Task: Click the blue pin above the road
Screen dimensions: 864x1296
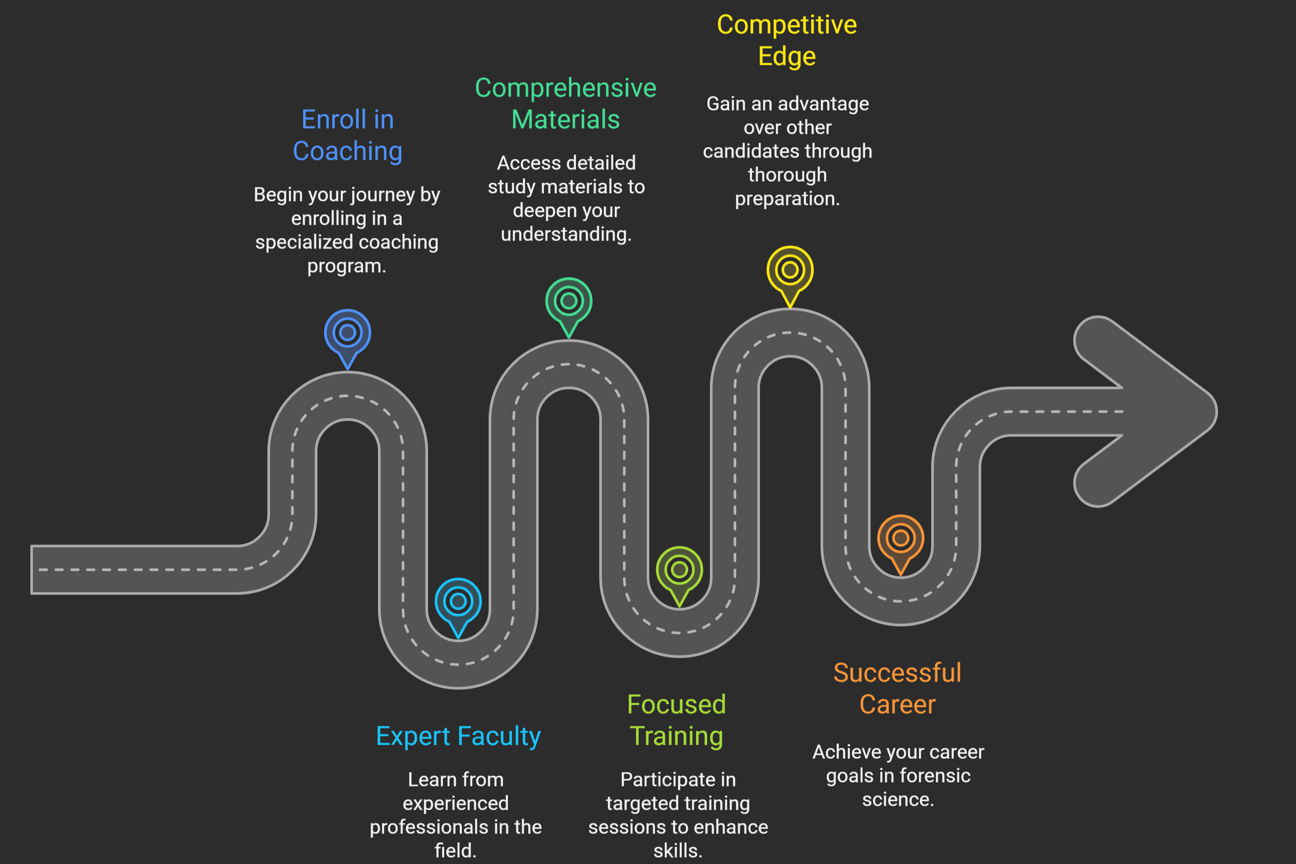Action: (347, 334)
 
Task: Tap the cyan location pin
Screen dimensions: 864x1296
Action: (458, 603)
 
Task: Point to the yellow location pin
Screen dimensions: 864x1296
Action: (790, 271)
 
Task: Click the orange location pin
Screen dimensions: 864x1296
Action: (900, 539)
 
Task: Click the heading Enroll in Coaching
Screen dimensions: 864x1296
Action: (347, 135)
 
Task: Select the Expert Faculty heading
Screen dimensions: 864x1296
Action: (458, 736)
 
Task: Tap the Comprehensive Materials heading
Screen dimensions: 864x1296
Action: (566, 104)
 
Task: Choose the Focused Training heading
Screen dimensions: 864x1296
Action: (677, 720)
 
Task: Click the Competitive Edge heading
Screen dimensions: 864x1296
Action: (786, 40)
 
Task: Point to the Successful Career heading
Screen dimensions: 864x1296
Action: (897, 689)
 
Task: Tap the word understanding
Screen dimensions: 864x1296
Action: (566, 235)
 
